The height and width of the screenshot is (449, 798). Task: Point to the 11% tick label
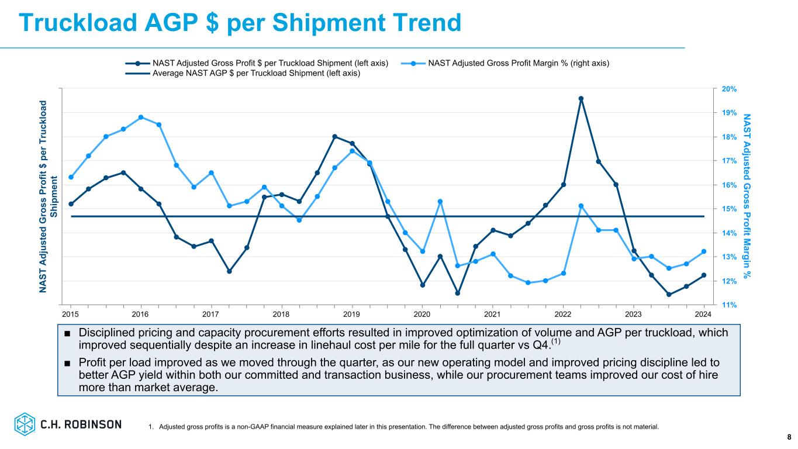click(720, 305)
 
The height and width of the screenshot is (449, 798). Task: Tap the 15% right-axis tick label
click(720, 209)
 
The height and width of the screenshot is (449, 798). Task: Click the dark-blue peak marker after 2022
click(581, 99)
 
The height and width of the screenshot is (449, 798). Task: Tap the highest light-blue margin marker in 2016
click(141, 117)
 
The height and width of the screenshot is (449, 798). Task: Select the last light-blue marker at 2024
click(704, 251)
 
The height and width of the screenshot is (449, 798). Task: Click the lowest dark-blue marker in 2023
click(669, 295)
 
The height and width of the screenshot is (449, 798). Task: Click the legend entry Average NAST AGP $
click(256, 73)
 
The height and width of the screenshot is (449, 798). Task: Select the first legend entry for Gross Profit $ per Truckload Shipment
click(270, 63)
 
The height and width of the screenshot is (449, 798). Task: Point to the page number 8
click(789, 437)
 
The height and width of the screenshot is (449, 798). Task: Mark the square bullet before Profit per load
click(68, 363)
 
